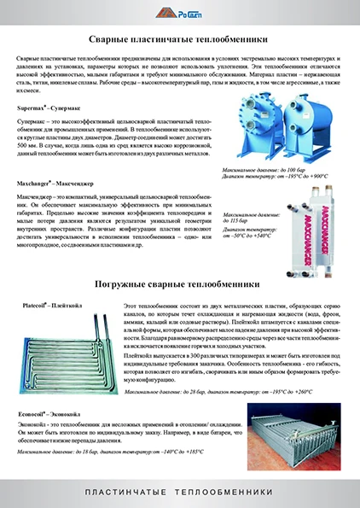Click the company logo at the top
179,13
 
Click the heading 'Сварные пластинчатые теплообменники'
180,39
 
